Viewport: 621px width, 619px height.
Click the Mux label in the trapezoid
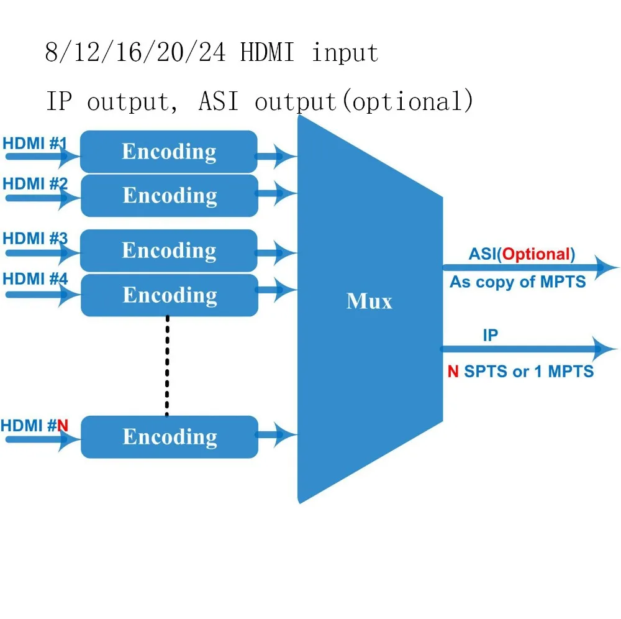coord(369,301)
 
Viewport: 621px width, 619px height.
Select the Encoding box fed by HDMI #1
coord(168,152)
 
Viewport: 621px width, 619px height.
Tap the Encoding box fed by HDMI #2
coord(169,195)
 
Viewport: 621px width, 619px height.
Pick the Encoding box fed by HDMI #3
coord(168,250)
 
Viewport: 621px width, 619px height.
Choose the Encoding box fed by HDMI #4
coord(169,295)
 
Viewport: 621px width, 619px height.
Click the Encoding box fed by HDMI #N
coord(169,437)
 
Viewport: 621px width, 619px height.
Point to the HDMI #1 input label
coord(35,144)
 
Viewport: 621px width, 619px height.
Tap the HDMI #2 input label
coord(35,184)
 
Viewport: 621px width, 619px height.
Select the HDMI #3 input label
coord(35,239)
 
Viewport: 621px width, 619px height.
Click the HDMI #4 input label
coord(35,278)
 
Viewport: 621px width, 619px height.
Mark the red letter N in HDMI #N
coord(63,426)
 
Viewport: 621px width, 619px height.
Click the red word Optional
coord(535,254)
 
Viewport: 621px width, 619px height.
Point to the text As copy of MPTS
coord(517,282)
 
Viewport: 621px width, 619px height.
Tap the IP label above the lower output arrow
coord(490,336)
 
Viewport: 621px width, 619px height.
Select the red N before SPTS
coord(453,372)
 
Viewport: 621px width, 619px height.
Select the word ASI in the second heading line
coord(218,101)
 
